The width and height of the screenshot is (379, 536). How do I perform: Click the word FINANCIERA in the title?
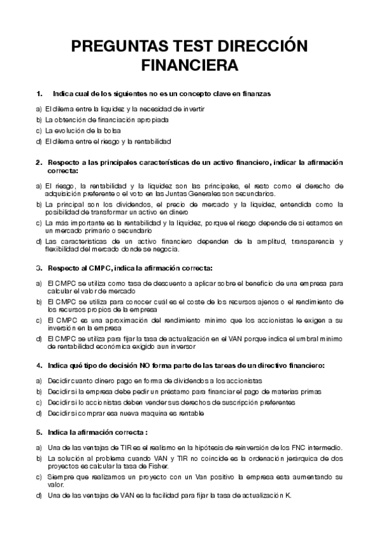(x=189, y=65)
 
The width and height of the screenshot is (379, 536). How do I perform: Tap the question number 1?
(x=39, y=94)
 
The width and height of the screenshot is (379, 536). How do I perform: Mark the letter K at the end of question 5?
(x=289, y=496)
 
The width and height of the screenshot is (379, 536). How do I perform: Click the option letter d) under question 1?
(x=39, y=141)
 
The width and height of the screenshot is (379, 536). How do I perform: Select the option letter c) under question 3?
(x=39, y=320)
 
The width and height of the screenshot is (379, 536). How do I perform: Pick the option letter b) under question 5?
(x=39, y=457)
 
